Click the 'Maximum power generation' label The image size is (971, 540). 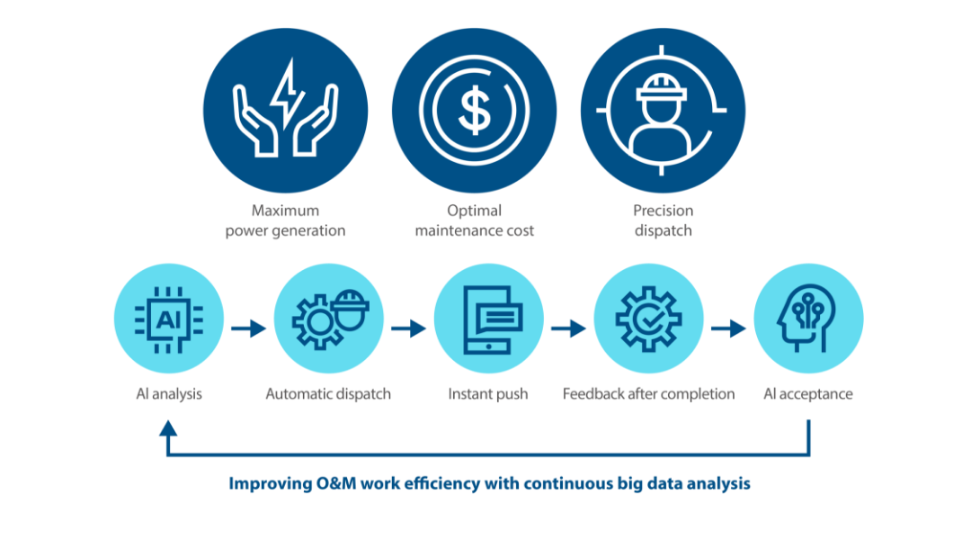285,220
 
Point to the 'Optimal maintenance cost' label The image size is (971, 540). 474,220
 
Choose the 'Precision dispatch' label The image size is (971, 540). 663,220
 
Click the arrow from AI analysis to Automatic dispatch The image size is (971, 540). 249,329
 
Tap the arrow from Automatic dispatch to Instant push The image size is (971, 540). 409,329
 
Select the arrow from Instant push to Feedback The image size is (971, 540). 568,329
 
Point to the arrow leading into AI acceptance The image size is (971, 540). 728,329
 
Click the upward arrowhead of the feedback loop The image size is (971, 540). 168,431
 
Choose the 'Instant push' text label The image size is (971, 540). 488,394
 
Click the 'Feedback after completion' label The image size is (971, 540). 648,394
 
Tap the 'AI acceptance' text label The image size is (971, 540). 807,394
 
